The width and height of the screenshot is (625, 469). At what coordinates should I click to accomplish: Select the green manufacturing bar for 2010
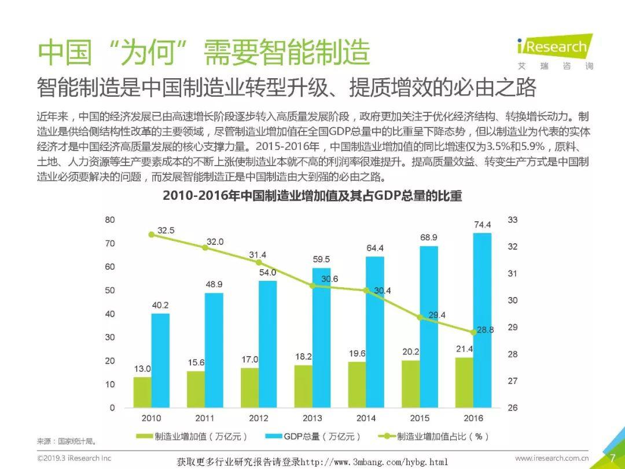click(142, 392)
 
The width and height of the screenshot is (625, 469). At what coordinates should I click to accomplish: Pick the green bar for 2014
click(356, 384)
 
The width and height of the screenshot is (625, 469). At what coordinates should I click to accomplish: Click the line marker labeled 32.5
click(152, 235)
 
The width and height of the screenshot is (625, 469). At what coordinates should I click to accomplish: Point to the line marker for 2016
click(473, 332)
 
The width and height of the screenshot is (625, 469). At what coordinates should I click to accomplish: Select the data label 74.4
click(482, 225)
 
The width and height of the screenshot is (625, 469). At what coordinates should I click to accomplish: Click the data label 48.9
click(213, 285)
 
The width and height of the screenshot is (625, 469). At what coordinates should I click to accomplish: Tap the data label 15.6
click(196, 362)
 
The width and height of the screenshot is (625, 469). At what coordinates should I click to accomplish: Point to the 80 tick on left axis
click(110, 220)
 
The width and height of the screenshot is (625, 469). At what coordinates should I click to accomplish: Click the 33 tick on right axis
click(512, 220)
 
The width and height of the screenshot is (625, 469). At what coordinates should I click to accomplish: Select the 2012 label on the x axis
click(258, 417)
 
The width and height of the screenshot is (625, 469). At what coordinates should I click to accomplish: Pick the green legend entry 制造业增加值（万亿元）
click(192, 437)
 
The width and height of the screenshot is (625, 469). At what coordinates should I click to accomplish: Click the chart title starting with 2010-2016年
click(312, 196)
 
